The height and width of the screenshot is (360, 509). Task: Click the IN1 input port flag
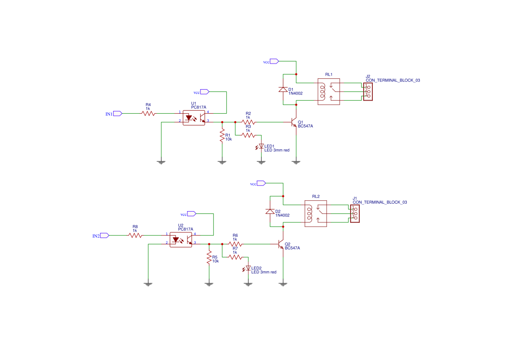117,114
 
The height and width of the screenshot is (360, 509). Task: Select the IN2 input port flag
104,236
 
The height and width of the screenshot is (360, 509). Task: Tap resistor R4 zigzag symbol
148,114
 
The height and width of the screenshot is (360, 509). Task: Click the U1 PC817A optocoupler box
194,118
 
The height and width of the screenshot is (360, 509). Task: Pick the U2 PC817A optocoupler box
181,240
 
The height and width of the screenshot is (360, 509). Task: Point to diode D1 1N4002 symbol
283,90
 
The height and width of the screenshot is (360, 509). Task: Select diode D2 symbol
270,212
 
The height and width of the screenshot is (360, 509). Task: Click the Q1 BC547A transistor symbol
295,123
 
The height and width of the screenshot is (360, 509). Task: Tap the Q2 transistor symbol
281,245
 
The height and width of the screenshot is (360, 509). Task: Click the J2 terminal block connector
368,92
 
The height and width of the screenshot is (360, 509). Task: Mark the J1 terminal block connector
355,214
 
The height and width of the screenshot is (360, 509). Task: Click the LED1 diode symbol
261,146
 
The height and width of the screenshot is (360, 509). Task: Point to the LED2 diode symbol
248,268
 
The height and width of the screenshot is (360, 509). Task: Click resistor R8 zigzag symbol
135,236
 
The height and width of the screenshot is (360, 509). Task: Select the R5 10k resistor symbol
209,257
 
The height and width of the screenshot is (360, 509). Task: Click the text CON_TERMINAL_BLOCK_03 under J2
393,81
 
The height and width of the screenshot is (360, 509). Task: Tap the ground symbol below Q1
296,162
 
